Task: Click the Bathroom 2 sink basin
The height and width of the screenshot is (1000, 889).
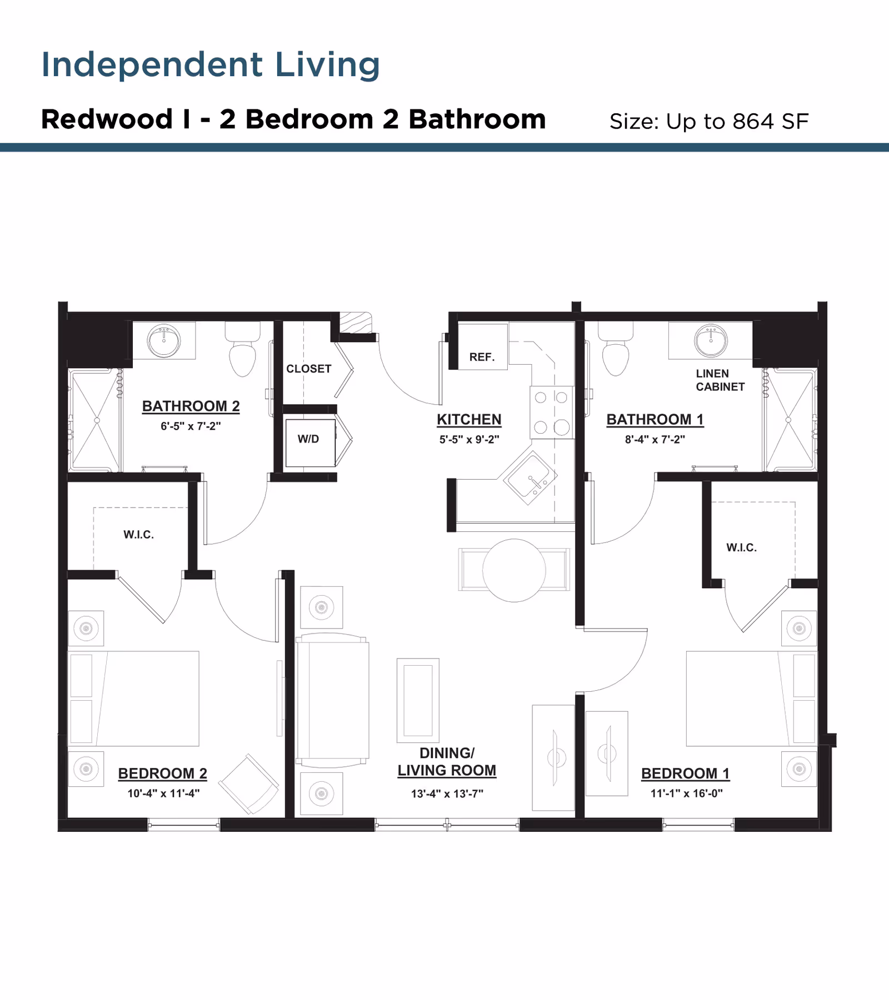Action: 163,341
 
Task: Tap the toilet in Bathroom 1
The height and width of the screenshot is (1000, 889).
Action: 615,355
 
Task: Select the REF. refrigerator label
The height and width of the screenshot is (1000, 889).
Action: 482,357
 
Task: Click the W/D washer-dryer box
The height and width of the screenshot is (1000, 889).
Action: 309,443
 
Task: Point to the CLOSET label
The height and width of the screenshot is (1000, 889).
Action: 308,369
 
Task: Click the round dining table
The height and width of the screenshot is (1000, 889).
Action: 514,570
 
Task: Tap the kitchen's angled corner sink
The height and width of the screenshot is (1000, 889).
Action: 530,477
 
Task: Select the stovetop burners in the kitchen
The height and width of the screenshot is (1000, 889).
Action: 551,412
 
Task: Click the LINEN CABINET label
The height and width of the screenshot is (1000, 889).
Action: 720,380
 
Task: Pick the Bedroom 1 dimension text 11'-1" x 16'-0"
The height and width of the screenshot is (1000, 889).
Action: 686,793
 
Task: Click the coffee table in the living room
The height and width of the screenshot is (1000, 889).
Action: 418,700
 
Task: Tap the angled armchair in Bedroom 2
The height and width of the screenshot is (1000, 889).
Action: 249,784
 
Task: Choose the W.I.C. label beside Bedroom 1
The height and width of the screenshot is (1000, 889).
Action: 741,547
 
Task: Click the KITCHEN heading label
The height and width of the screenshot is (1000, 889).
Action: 469,420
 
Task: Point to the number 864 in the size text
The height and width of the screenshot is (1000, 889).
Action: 753,122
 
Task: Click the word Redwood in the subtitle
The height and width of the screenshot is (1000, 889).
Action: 107,119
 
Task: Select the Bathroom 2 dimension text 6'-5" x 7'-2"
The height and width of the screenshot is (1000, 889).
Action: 191,426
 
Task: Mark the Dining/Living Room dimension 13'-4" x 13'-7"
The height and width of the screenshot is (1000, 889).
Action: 447,794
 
